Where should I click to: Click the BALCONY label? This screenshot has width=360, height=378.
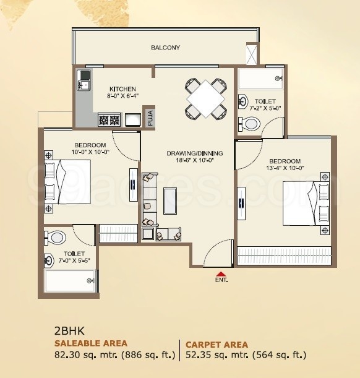165,48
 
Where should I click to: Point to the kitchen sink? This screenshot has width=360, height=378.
84,79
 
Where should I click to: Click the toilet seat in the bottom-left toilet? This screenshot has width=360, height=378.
57,238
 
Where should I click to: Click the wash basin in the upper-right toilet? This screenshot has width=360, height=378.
244,101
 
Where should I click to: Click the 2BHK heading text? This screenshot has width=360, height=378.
68,331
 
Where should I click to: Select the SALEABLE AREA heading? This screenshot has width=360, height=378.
91,343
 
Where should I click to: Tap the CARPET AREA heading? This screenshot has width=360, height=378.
216,345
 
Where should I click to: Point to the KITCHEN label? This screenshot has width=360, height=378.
122,89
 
